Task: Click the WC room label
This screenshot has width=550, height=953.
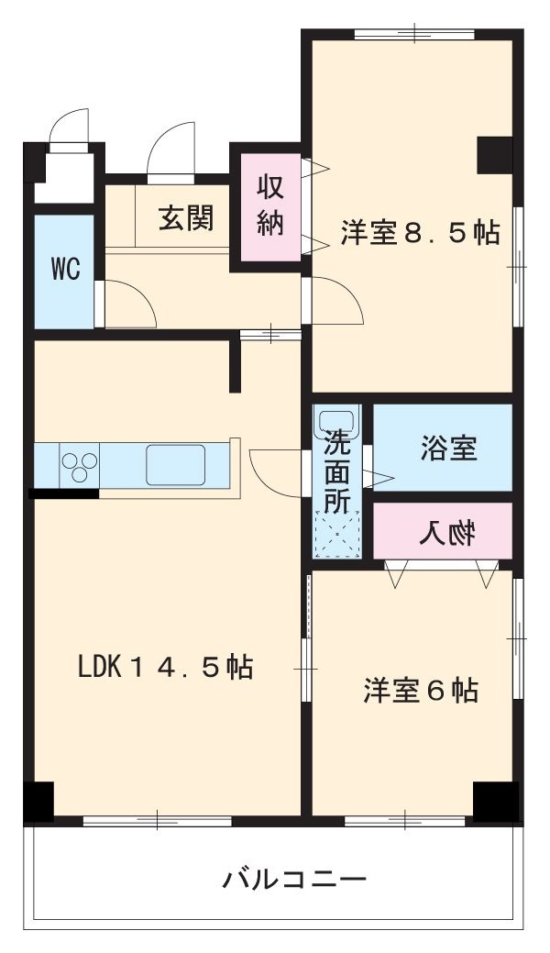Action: click(64, 270)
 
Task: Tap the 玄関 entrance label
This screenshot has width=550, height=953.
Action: click(186, 218)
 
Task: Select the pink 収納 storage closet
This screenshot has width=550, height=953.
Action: click(270, 206)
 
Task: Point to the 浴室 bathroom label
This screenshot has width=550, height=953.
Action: click(448, 449)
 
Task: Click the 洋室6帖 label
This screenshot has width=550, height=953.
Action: click(421, 690)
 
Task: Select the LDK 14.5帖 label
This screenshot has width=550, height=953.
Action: click(165, 667)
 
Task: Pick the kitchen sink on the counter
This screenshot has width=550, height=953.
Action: click(175, 464)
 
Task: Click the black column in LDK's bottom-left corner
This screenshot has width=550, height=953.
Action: click(38, 800)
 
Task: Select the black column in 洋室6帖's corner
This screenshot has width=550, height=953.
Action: click(495, 800)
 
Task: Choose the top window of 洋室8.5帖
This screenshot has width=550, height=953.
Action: click(414, 36)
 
